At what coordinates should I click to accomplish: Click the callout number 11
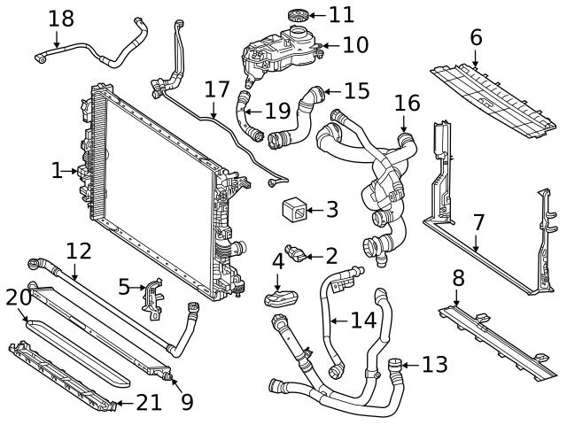[341, 15]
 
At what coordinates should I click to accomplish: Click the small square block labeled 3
[294, 211]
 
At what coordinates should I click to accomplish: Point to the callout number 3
[331, 210]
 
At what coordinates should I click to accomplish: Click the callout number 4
[278, 261]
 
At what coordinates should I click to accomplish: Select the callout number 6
[476, 37]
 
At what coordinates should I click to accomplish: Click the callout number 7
[478, 222]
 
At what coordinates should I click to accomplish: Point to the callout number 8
[458, 278]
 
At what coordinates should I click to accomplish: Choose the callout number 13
[434, 364]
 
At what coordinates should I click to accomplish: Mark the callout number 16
[407, 104]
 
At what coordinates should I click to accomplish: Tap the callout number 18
[61, 18]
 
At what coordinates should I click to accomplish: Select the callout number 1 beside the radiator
[58, 169]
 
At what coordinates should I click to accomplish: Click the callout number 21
[149, 403]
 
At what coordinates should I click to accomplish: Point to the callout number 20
[18, 297]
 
